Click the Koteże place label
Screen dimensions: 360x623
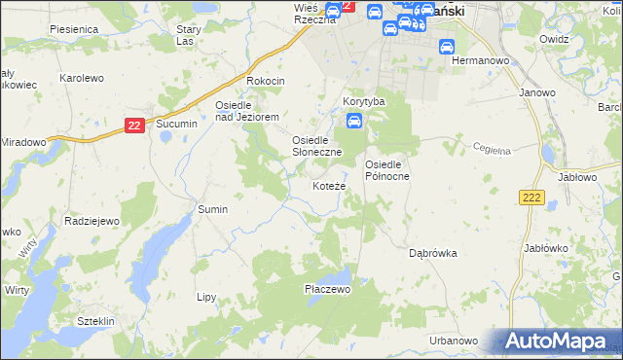pos(328,186)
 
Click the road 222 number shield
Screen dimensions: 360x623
pos(531,198)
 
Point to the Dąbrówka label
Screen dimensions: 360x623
pos(432,253)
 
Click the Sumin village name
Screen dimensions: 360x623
pos(212,209)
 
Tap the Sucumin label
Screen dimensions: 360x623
pos(176,125)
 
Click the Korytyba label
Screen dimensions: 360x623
pos(364,101)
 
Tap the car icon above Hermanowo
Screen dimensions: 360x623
pos(447,45)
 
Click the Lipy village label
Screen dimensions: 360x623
pos(205,297)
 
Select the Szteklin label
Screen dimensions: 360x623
pos(96,321)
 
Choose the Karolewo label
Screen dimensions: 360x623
pos(82,77)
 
